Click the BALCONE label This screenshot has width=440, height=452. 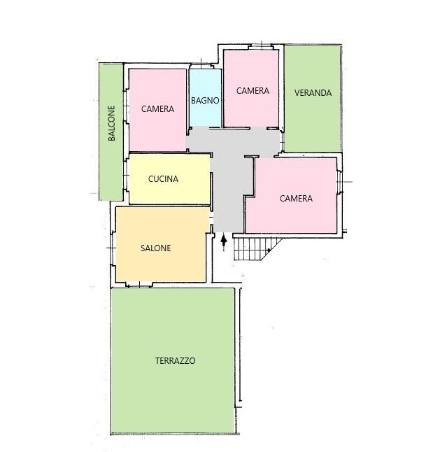point(111,123)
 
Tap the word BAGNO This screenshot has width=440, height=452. point(205,101)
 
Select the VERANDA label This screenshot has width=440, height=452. point(313,93)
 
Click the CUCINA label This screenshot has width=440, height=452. point(163,179)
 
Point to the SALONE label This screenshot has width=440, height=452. point(155,248)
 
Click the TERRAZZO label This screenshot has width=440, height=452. point(175,360)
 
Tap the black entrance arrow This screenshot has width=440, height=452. point(224,243)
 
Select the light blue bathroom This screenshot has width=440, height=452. point(205,98)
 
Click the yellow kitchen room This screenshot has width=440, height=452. point(169,179)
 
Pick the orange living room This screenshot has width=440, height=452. point(162,244)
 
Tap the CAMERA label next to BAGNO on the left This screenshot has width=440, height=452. point(157,109)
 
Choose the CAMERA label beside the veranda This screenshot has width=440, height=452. point(253,91)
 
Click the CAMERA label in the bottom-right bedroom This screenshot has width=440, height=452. point(296,198)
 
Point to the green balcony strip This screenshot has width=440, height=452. point(111,132)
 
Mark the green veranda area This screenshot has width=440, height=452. point(313,98)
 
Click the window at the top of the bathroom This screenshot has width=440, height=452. point(201,66)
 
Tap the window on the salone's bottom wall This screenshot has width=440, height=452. point(139,285)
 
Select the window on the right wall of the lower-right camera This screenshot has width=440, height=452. point(340,182)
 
